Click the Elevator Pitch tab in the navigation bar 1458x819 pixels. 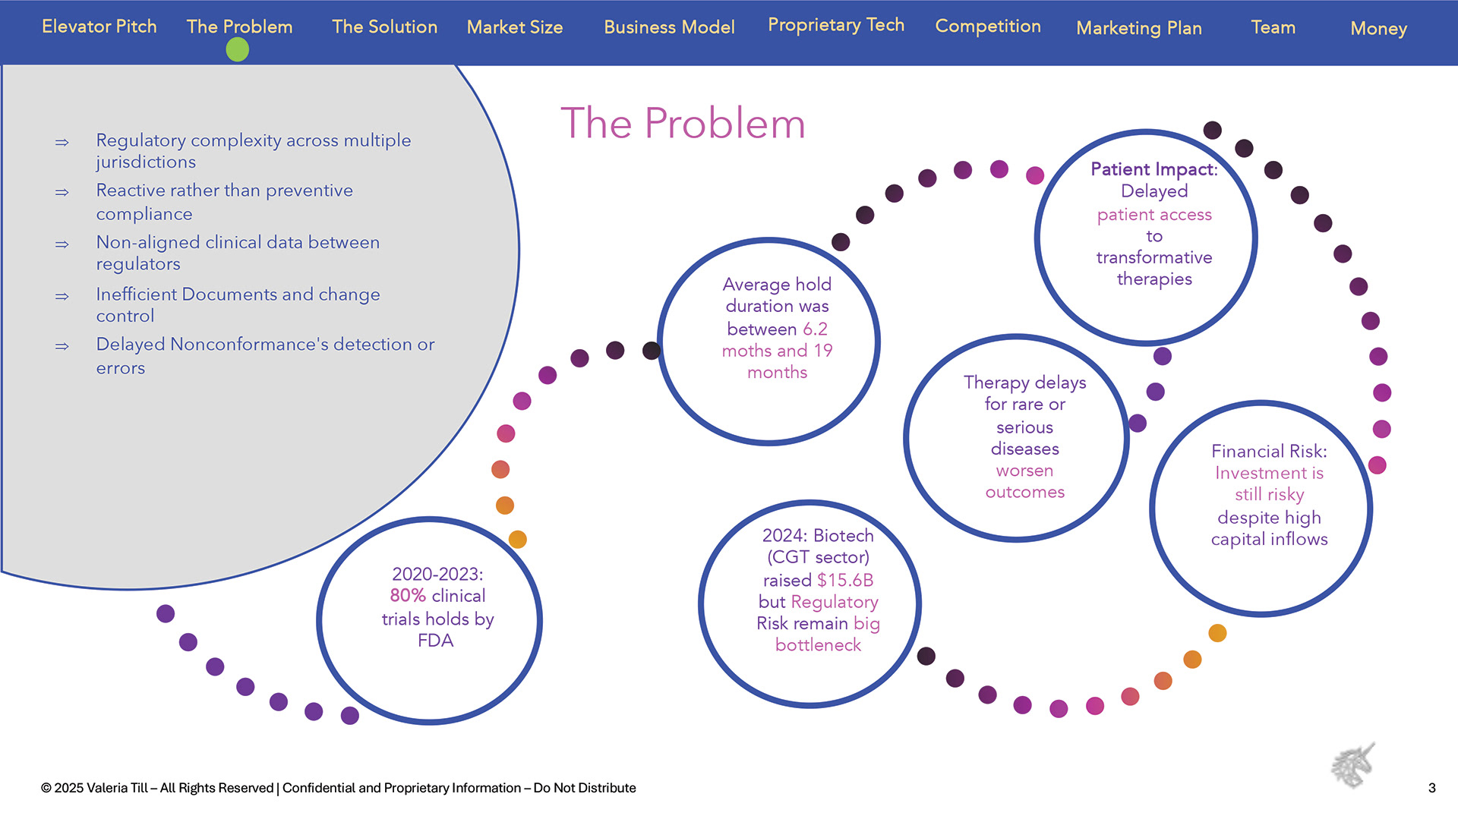tap(99, 27)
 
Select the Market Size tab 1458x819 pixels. tap(515, 27)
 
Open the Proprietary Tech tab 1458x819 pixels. tap(835, 25)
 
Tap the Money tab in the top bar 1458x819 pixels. tap(1378, 29)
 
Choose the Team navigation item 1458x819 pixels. tap(1273, 27)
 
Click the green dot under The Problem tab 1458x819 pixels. tap(237, 50)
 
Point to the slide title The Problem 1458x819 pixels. tap(683, 123)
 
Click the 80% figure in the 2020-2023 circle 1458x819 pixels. tap(407, 596)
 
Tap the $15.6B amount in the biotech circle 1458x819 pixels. tap(845, 581)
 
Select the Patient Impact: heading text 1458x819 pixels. tap(1153, 169)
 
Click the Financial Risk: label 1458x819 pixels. tap(1269, 452)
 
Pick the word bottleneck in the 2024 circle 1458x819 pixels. tap(818, 645)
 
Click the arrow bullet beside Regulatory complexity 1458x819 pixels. tap(62, 143)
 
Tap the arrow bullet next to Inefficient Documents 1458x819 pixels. tap(62, 297)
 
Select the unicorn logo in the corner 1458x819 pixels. tap(1353, 765)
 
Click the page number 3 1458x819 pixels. tap(1431, 788)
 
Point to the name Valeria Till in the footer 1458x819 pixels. tap(117, 788)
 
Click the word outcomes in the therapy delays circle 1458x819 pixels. tap(1024, 493)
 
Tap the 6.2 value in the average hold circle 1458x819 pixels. tap(815, 329)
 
